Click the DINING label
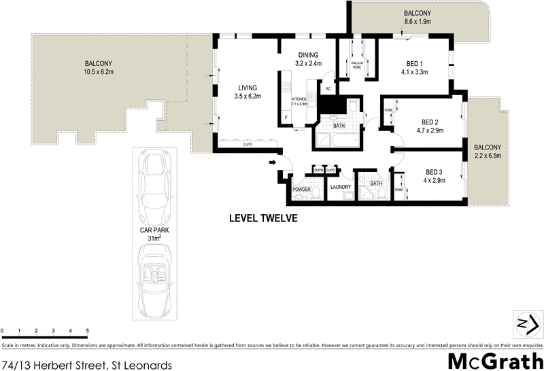point(309,55)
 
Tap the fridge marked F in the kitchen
point(287,118)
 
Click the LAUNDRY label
point(339,188)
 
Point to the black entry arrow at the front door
point(273,162)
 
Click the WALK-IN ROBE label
point(357,66)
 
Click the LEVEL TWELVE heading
point(263,219)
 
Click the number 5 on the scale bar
point(87,331)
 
